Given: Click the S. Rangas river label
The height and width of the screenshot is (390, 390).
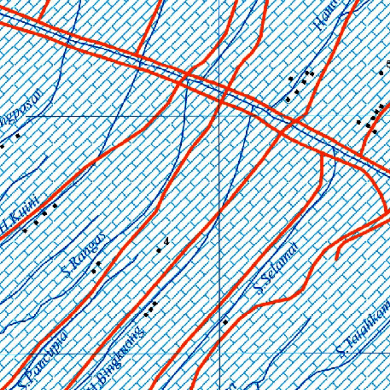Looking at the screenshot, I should coord(84,255).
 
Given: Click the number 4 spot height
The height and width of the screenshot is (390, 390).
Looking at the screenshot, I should coord(166,241).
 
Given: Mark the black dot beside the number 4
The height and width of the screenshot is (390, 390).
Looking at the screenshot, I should coord(159,250).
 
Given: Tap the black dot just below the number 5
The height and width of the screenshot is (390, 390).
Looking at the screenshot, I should coord(381,72).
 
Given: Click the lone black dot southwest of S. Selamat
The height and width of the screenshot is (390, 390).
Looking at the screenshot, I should coord(225,322).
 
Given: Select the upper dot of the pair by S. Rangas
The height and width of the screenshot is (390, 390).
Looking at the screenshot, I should coord(98,263).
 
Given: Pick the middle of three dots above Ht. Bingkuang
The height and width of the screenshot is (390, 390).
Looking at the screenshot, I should coord(150,310).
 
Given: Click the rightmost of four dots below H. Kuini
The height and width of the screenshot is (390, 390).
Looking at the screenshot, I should coord(55,206).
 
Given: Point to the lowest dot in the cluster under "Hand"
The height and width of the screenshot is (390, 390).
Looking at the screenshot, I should coord(288,100).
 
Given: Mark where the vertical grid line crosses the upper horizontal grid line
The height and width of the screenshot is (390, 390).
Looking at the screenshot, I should coord(219,116).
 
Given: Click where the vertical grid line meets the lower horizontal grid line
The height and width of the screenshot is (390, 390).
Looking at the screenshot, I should coord(219,353).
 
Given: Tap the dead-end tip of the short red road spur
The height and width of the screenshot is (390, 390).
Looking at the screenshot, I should coord(336,259).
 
